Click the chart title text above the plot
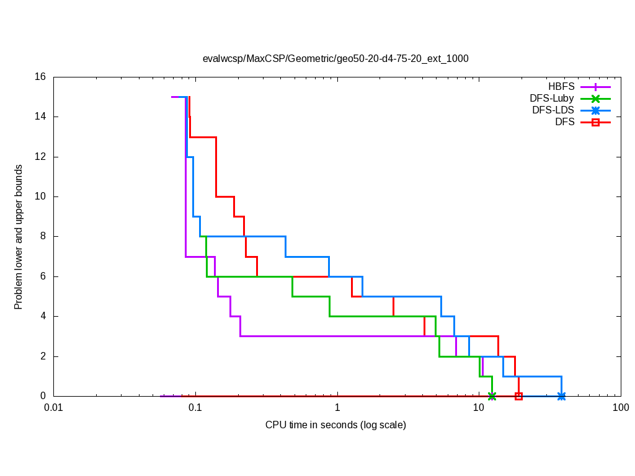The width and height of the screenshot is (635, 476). point(335,59)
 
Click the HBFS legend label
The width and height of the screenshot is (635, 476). point(561,87)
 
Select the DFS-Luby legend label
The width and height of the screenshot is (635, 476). point(552,99)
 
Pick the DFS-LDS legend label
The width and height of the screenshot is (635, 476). point(553,110)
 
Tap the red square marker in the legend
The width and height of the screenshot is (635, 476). point(595,122)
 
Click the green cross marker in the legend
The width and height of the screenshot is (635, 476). point(595,99)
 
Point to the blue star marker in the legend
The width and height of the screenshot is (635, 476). point(595,110)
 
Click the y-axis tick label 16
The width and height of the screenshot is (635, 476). point(40,77)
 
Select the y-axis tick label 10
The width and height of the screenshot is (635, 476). point(40,196)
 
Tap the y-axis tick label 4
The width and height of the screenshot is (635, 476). point(43,316)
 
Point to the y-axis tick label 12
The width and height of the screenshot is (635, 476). point(40,157)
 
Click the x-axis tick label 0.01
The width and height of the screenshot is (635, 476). point(53,408)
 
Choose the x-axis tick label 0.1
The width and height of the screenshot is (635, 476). point(195,408)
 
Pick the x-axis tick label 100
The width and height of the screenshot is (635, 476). point(620,408)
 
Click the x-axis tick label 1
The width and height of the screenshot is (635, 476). point(337,408)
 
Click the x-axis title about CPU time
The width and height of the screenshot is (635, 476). point(335,425)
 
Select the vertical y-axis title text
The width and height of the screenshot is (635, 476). point(19,237)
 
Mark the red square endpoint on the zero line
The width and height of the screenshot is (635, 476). point(518,396)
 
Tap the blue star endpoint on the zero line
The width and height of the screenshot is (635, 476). point(561,396)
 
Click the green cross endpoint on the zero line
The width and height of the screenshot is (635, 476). point(492,396)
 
